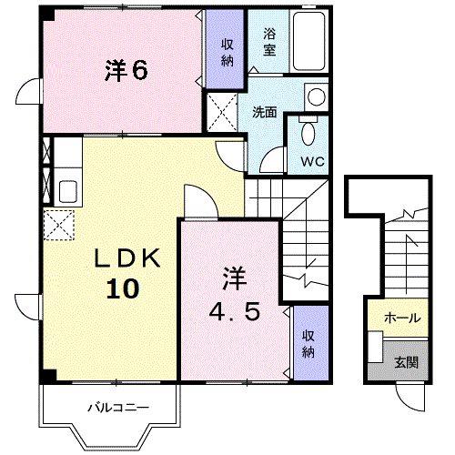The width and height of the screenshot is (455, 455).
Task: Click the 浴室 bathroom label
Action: pyautogui.click(x=269, y=41)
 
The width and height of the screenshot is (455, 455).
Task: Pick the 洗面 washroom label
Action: pyautogui.click(x=265, y=113)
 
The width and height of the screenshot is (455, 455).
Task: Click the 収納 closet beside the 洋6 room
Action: pyautogui.click(x=224, y=53)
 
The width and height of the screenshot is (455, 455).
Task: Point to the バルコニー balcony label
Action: pyautogui.click(x=113, y=408)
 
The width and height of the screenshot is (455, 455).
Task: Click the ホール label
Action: pyautogui.click(x=401, y=318)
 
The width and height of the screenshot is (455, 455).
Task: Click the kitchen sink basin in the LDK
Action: pyautogui.click(x=67, y=192)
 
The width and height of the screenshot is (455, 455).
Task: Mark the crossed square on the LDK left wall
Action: pyautogui.click(x=58, y=222)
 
